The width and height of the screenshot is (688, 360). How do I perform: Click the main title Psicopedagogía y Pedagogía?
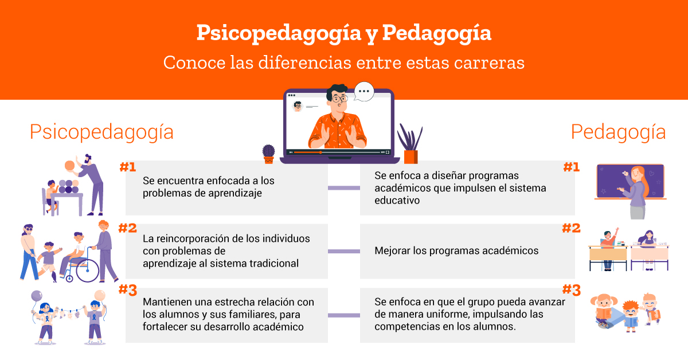click(x=343, y=33)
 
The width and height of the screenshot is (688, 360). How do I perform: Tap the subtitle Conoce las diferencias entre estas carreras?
click(x=343, y=62)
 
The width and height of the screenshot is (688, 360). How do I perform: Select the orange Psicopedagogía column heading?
click(x=101, y=132)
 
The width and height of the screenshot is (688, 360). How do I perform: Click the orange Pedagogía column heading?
click(x=618, y=132)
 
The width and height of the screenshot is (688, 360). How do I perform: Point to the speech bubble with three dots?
click(x=364, y=91)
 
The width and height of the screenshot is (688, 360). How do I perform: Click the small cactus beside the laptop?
click(x=269, y=154)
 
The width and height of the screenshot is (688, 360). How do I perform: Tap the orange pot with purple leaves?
click(x=411, y=144)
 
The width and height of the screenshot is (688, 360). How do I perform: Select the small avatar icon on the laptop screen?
click(x=298, y=106)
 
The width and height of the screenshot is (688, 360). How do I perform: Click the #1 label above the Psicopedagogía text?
click(x=128, y=167)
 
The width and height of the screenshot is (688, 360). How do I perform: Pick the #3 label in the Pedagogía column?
click(x=571, y=290)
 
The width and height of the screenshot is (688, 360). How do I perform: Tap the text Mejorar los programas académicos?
click(x=456, y=251)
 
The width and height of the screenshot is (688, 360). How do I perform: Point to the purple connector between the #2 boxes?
click(x=343, y=251)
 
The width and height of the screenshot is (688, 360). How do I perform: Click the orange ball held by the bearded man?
click(x=70, y=166)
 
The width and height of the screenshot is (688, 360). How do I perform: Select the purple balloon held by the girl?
click(x=37, y=296)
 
